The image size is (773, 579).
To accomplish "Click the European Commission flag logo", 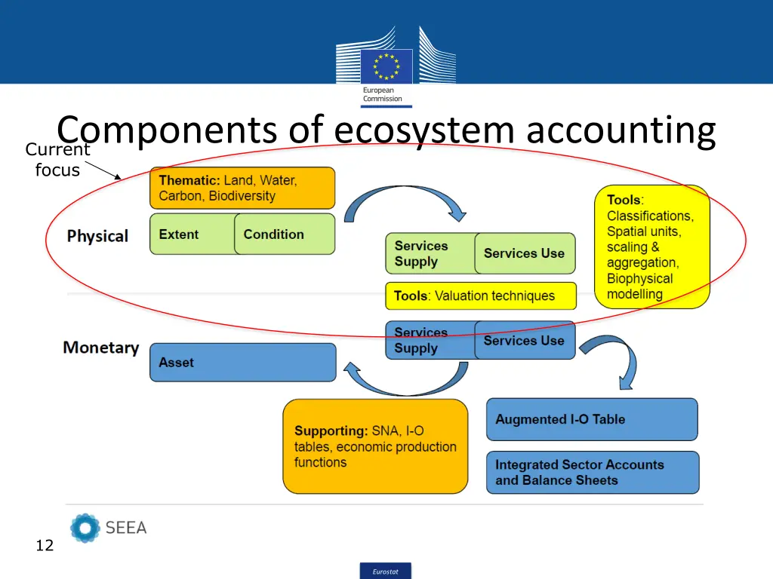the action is click(386, 66).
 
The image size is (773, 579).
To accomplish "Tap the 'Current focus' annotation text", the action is click(57, 160).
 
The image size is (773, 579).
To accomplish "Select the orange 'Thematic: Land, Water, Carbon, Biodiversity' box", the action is click(242, 188).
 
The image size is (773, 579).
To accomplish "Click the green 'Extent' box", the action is click(192, 234).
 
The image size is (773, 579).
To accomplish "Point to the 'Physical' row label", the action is click(97, 236).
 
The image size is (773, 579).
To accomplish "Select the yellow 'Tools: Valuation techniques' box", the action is click(481, 296).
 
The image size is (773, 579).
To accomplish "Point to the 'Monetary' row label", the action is click(101, 348).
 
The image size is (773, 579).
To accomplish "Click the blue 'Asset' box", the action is click(242, 363).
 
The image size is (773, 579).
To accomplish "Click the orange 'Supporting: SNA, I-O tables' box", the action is click(375, 446).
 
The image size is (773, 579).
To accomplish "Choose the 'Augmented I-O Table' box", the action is click(592, 420).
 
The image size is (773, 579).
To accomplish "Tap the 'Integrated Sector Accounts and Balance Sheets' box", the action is click(593, 473).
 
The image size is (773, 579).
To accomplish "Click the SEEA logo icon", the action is click(85, 528).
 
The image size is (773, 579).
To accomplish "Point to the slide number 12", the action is click(45, 546).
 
